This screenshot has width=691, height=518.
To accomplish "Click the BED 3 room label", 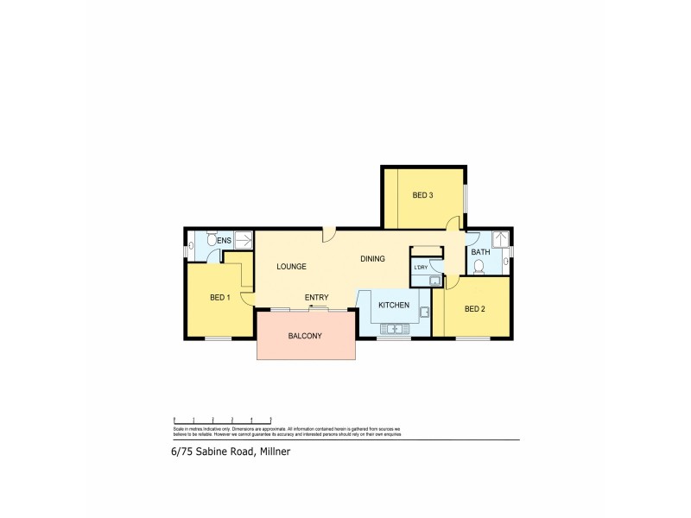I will click(x=422, y=195).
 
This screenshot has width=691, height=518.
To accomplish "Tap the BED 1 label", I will click(x=219, y=298).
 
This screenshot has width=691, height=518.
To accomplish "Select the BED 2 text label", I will click(x=474, y=308).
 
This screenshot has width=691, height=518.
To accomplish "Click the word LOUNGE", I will click(x=292, y=267).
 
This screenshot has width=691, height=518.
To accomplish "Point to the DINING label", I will click(x=372, y=259).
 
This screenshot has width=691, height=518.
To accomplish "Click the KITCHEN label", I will click(x=393, y=306).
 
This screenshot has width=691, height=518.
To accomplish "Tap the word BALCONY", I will click(x=305, y=336).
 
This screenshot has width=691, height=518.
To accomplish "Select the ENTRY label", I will click(x=316, y=298).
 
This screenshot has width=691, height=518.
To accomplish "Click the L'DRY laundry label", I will click(x=421, y=267).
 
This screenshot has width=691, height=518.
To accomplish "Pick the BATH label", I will click(x=479, y=252).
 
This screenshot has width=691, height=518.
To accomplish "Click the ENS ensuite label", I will click(x=224, y=240).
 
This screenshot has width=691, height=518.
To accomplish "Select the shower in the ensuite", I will click(x=244, y=240).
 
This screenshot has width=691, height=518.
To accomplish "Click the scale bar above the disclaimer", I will click(x=223, y=419).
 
